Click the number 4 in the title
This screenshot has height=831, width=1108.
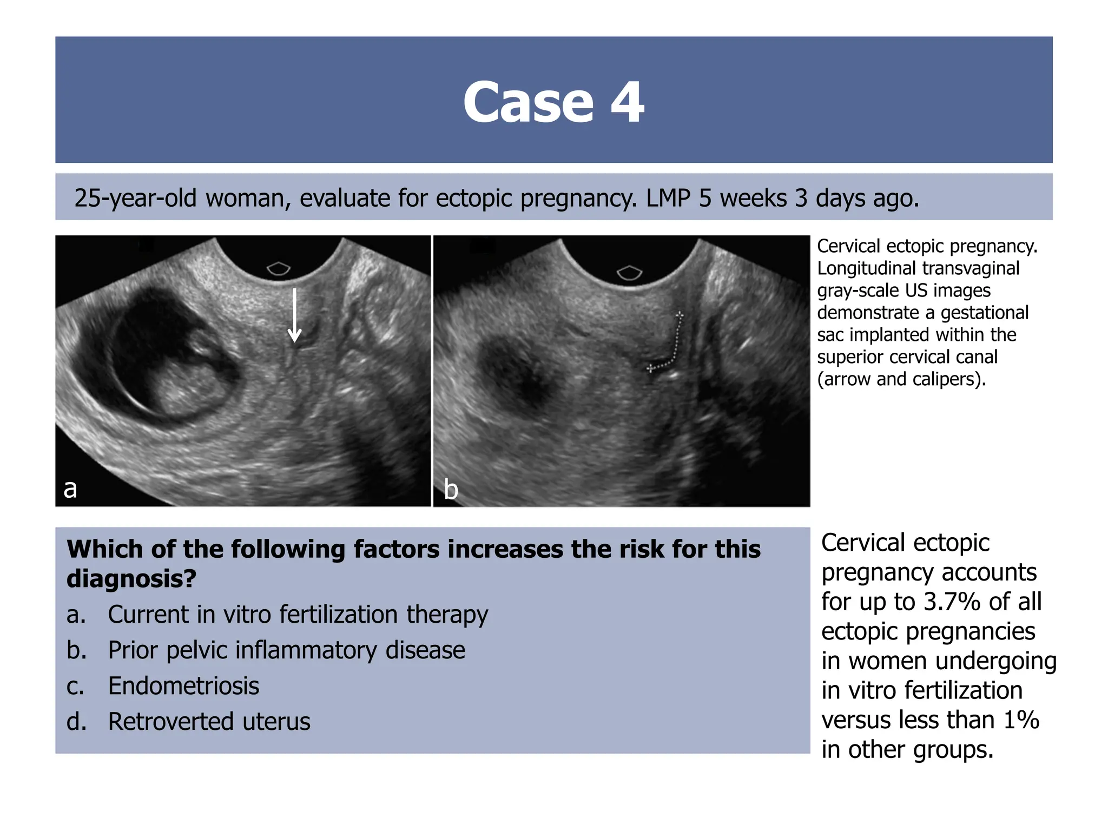[628, 102]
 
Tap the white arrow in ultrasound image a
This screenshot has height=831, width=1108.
[294, 316]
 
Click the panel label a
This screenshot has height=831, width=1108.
[70, 488]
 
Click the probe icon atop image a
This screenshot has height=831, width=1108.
[279, 268]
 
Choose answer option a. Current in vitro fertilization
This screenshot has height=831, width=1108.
[297, 615]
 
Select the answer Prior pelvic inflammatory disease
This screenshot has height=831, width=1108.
[286, 650]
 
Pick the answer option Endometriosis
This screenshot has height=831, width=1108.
[183, 686]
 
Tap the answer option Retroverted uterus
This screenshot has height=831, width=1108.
[209, 722]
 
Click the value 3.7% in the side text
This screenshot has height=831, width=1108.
[952, 602]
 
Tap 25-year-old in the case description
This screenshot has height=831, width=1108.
[135, 198]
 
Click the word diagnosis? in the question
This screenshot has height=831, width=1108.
[131, 578]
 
